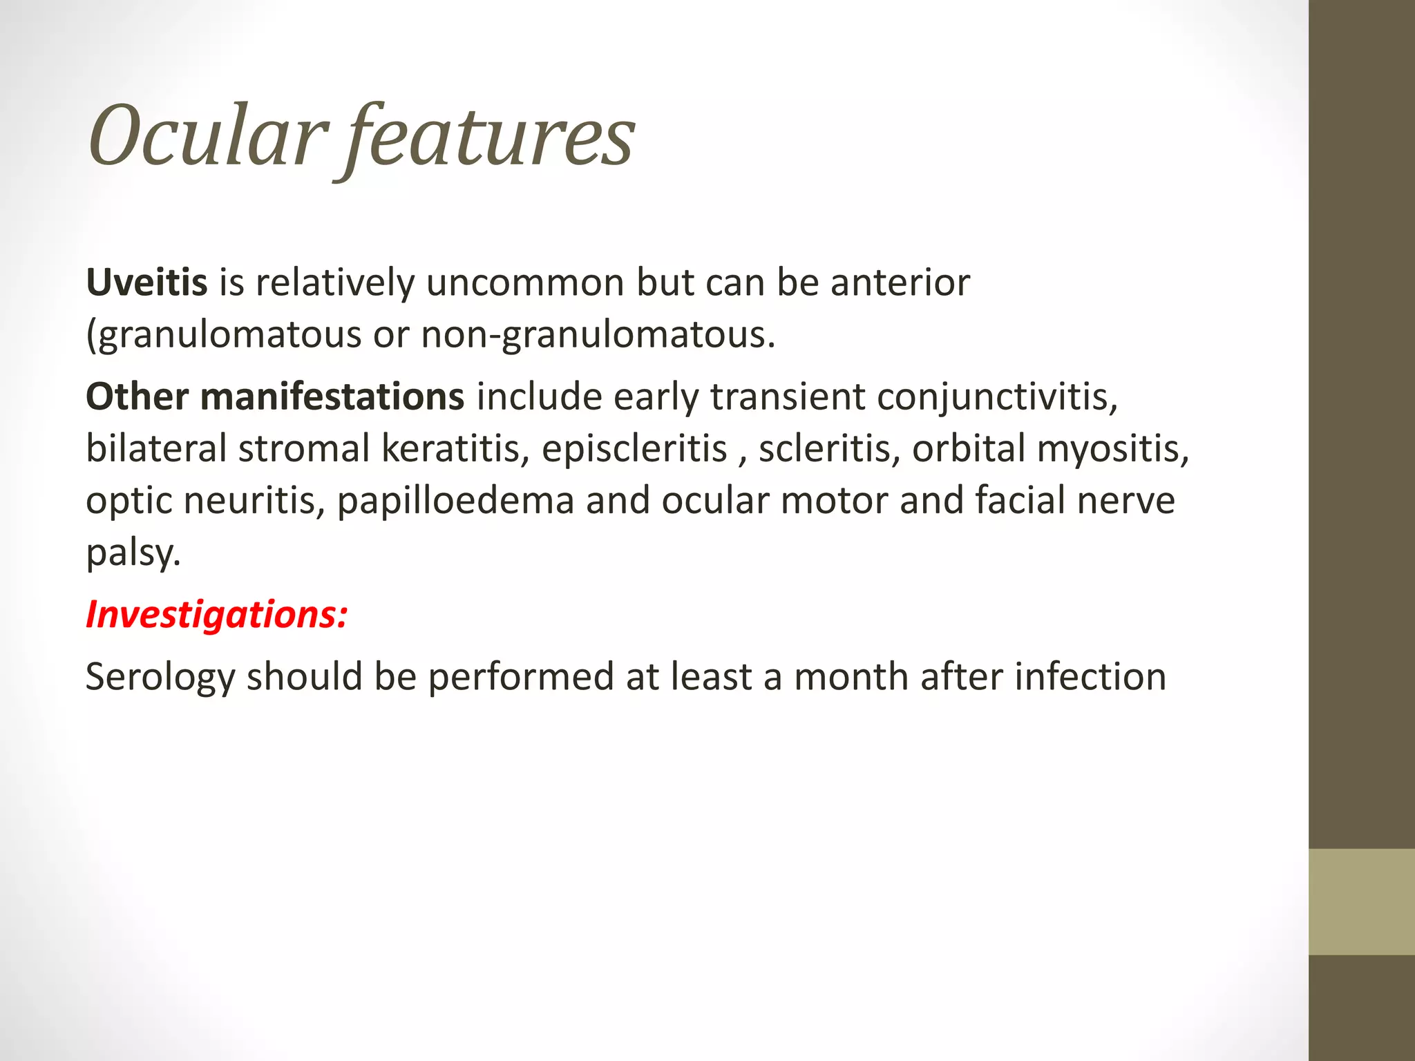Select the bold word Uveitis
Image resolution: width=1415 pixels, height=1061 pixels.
(146, 283)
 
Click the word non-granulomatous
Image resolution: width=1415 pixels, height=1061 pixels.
(598, 335)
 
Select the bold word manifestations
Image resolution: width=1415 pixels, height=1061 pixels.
(332, 397)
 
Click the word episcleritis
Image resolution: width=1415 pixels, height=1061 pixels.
(634, 449)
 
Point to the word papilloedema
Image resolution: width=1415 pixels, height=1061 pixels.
(455, 501)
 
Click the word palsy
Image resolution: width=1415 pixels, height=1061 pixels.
(133, 553)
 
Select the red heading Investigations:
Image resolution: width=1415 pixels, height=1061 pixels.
(216, 614)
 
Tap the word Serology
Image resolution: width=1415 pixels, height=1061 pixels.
(160, 677)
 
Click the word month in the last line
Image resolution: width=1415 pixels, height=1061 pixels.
(851, 677)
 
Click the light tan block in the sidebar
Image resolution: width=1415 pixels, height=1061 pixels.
(1361, 901)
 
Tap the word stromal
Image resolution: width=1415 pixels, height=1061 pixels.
(304, 449)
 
